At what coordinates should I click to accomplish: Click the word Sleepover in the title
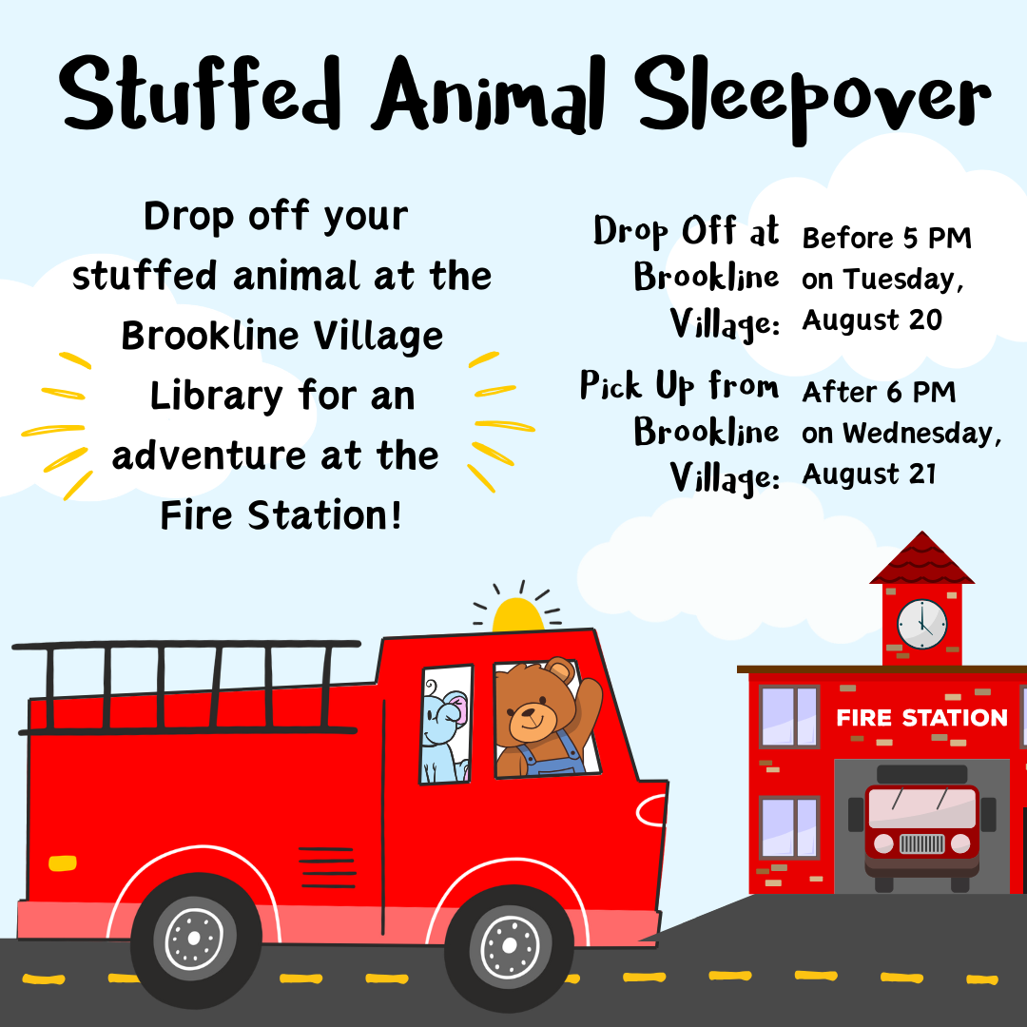click(x=813, y=97)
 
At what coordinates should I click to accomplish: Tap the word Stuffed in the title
click(x=201, y=93)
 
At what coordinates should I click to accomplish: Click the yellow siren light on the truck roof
click(x=517, y=615)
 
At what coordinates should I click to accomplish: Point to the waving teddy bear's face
click(x=532, y=710)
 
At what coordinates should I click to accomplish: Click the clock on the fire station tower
click(x=921, y=624)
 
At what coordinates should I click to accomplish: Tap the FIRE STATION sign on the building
click(x=921, y=718)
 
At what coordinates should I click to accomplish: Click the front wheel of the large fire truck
click(x=510, y=946)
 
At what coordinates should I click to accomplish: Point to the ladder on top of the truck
click(x=186, y=687)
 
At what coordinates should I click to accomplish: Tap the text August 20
click(x=872, y=320)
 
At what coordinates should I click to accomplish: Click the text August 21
click(x=868, y=474)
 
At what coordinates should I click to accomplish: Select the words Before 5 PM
click(x=886, y=239)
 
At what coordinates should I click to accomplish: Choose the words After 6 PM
click(x=879, y=393)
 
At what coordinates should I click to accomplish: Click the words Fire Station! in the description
click(x=281, y=514)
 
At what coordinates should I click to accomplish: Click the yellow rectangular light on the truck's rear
click(x=63, y=863)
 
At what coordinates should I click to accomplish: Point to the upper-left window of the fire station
click(x=789, y=717)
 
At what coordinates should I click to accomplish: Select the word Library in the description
click(x=216, y=397)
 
